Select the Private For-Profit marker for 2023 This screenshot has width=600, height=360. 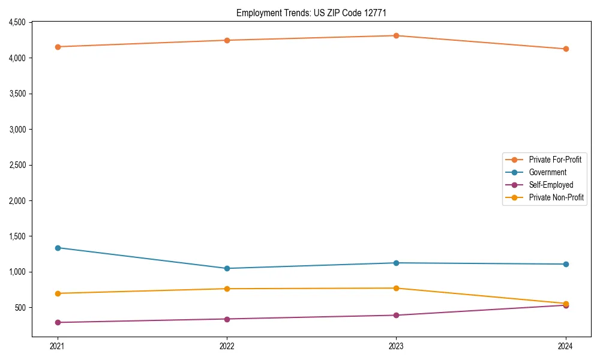click(396, 35)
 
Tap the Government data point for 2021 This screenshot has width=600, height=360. click(58, 248)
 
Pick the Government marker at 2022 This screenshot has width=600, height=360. click(227, 268)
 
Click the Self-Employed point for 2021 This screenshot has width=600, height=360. click(58, 322)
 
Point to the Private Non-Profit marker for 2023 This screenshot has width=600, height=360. click(396, 288)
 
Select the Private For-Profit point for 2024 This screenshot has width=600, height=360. click(566, 49)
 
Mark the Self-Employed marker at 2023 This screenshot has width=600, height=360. click(396, 315)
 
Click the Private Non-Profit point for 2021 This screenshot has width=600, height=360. click(58, 293)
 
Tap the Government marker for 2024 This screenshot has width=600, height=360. click(566, 264)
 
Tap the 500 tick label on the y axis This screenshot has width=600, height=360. click(21, 308)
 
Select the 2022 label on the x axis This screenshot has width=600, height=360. click(227, 346)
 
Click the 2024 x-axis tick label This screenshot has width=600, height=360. click(566, 346)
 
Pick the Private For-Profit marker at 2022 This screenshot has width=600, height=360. click(227, 40)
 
